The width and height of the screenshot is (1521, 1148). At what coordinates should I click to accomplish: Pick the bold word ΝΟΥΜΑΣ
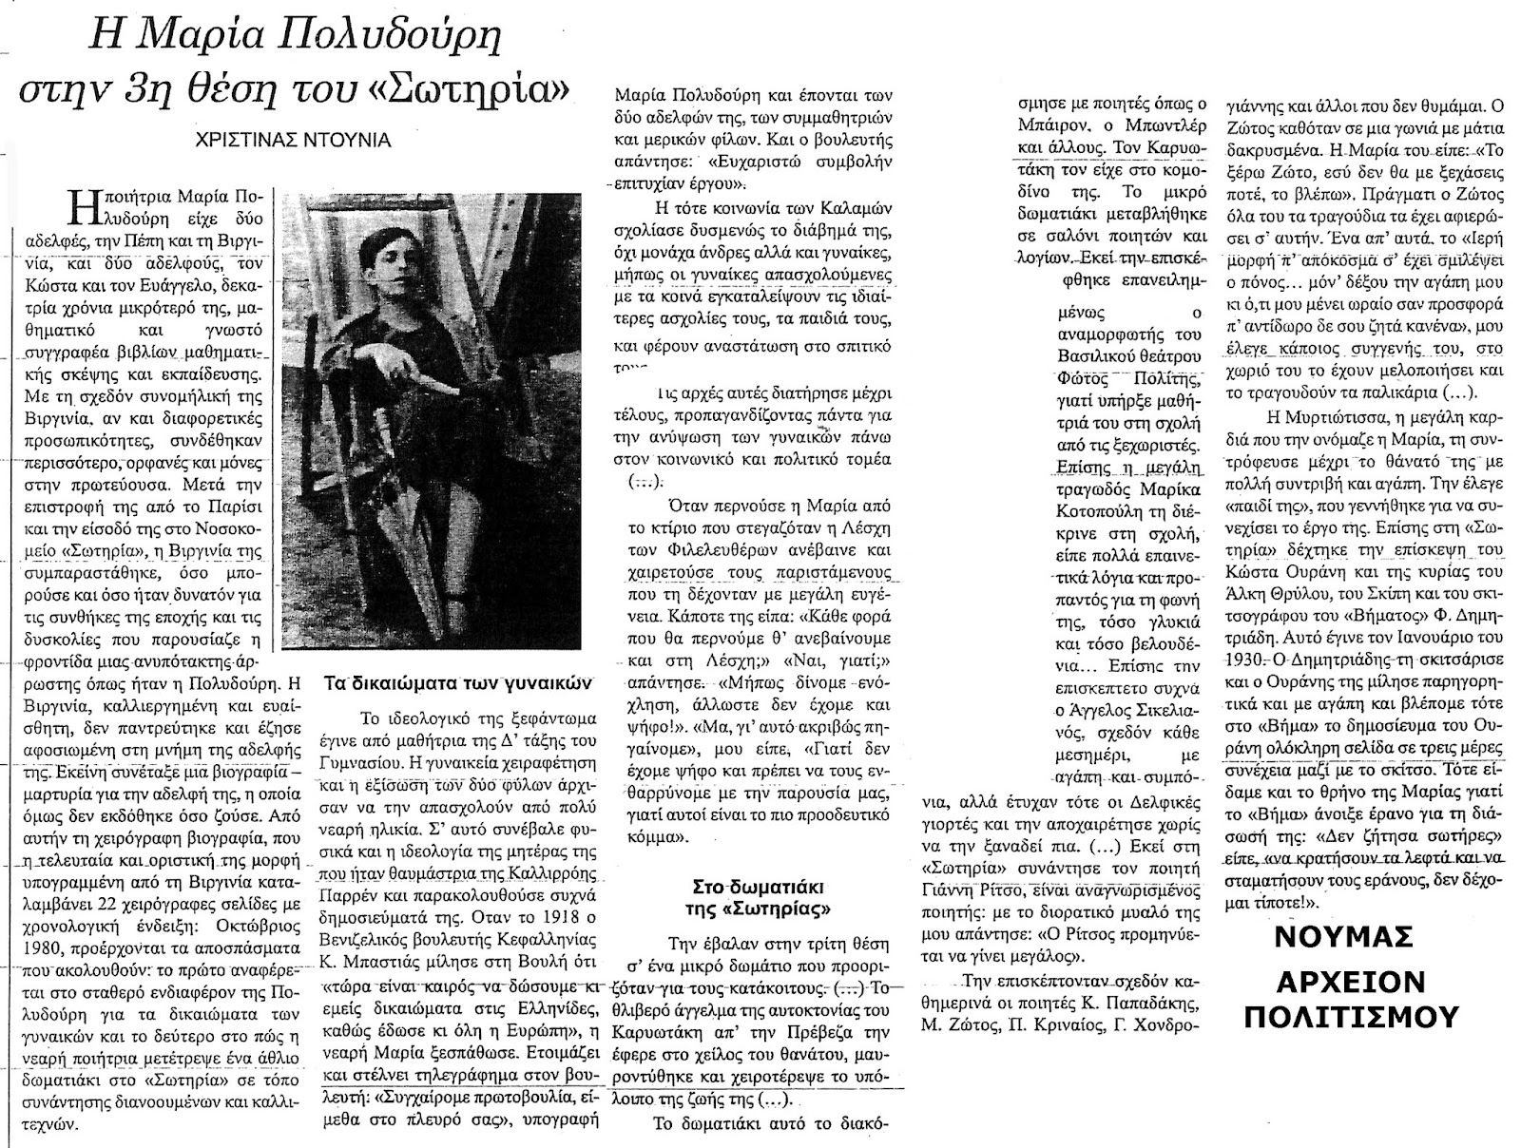(1353, 936)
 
